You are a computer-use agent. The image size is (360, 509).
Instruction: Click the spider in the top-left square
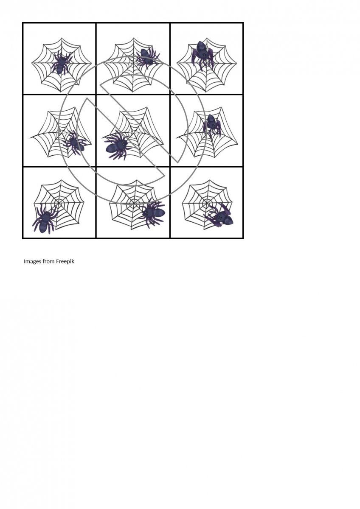[61, 62]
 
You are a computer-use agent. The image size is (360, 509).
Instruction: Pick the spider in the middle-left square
[75, 142]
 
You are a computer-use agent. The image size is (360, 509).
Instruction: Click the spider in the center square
[117, 146]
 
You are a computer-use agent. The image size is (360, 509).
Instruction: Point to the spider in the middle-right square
[212, 125]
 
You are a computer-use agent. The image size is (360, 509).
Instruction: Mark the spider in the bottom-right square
[219, 216]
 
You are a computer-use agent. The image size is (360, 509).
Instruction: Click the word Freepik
[65, 262]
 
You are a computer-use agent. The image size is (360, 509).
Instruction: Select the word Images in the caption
[32, 262]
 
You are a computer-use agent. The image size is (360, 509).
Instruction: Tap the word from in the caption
[48, 262]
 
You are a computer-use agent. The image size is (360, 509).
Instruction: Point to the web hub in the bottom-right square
[207, 201]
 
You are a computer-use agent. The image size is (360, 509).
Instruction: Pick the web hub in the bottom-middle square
[134, 202]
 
